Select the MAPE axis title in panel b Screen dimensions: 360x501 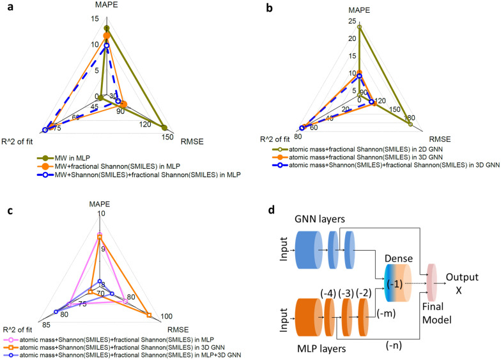pos(359,10)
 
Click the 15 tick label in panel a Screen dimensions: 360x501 pos(95,19)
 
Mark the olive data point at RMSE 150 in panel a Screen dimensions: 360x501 pos(164,127)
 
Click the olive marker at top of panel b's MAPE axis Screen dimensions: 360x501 pos(360,27)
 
